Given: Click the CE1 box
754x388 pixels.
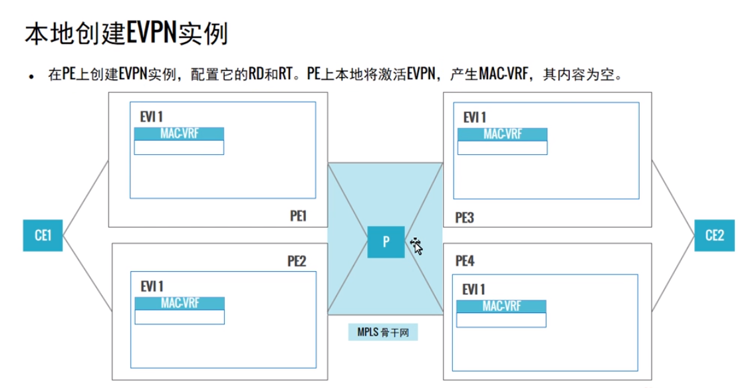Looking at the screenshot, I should (43, 235).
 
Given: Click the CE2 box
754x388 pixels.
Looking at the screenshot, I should (715, 235).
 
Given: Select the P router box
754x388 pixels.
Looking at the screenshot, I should (386, 242).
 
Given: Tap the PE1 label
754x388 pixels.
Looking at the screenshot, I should (297, 215).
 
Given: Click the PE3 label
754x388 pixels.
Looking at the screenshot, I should (465, 217).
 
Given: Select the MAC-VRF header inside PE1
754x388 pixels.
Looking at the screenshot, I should (179, 134).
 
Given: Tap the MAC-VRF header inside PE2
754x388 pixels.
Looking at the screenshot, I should (179, 303).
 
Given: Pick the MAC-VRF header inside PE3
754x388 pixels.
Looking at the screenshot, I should (503, 134).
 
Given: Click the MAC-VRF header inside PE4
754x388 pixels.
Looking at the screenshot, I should (502, 306).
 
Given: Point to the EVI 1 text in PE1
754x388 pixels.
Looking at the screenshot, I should (152, 117).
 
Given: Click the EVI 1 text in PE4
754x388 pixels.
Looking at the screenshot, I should (474, 290).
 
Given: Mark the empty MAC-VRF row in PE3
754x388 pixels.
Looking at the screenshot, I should (503, 147).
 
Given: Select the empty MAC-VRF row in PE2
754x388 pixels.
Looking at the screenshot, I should (179, 317).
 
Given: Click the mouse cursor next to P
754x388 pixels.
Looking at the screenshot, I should (417, 246).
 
